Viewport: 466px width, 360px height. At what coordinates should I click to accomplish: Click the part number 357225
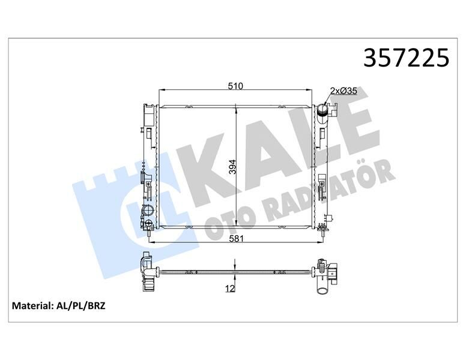[406, 59]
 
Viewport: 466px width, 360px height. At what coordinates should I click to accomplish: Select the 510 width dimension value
[235, 86]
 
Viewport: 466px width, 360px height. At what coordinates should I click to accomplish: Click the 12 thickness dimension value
[229, 289]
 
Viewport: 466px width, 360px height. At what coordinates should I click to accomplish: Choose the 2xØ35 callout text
[343, 91]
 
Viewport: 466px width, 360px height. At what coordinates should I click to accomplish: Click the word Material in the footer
[32, 306]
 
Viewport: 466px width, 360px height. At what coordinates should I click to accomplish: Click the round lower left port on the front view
[148, 212]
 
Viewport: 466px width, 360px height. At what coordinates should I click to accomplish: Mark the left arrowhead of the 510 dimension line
[160, 91]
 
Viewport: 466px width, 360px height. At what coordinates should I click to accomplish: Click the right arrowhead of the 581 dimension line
[322, 242]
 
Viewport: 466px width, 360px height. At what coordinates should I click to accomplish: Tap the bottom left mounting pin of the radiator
[148, 233]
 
